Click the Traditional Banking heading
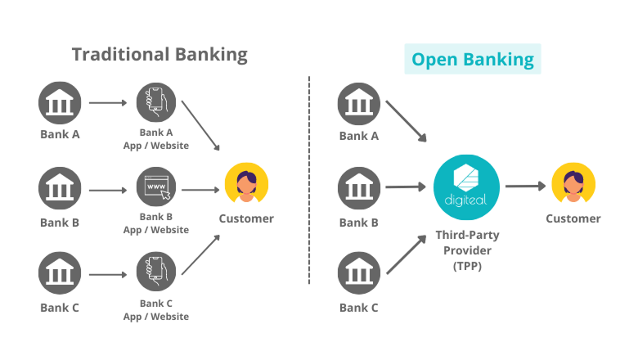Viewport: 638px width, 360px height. pyautogui.click(x=159, y=55)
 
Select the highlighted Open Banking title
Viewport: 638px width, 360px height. pyautogui.click(x=472, y=59)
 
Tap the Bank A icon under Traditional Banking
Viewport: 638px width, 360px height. pyautogui.click(x=60, y=103)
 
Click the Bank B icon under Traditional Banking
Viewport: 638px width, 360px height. pyautogui.click(x=60, y=191)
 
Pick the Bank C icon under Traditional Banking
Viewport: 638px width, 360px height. pyautogui.click(x=60, y=277)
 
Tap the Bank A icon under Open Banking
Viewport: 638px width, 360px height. pyautogui.click(x=359, y=103)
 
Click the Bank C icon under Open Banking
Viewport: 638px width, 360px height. pyautogui.click(x=359, y=277)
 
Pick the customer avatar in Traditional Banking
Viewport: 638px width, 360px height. pyautogui.click(x=246, y=185)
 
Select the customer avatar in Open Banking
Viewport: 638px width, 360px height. pyautogui.click(x=573, y=185)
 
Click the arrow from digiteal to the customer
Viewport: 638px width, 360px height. pyautogui.click(x=525, y=187)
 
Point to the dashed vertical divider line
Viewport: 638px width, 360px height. pyautogui.click(x=309, y=180)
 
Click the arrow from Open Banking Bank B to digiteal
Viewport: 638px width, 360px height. pyautogui.click(x=405, y=187)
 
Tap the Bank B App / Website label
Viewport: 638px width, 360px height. pyautogui.click(x=155, y=223)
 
